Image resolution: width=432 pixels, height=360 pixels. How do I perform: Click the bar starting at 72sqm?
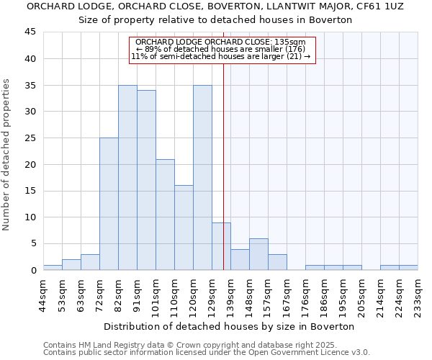(x=109, y=204)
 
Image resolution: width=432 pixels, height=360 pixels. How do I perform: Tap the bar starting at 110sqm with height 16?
(x=184, y=228)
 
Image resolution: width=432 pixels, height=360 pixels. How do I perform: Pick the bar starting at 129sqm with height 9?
(x=221, y=246)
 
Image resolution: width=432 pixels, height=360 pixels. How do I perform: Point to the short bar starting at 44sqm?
(x=53, y=267)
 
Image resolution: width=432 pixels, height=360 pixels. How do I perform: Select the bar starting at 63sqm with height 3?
(x=90, y=262)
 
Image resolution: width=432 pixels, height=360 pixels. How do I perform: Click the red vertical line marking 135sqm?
(x=224, y=166)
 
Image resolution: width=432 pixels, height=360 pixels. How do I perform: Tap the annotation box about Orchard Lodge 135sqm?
(x=222, y=49)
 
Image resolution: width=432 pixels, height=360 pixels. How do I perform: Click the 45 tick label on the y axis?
(x=30, y=32)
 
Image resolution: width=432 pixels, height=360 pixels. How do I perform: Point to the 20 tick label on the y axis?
(x=30, y=164)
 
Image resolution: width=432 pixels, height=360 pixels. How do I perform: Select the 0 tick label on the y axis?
(x=33, y=270)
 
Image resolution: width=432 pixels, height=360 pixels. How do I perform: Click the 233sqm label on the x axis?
(x=418, y=294)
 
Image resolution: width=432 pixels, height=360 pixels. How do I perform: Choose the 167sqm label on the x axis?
(x=287, y=294)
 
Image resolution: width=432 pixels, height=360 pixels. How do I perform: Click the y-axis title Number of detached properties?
(x=7, y=155)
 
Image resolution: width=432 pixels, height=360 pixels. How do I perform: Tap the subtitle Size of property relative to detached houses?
(x=215, y=19)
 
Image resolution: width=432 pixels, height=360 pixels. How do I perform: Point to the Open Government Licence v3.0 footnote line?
(x=207, y=352)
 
